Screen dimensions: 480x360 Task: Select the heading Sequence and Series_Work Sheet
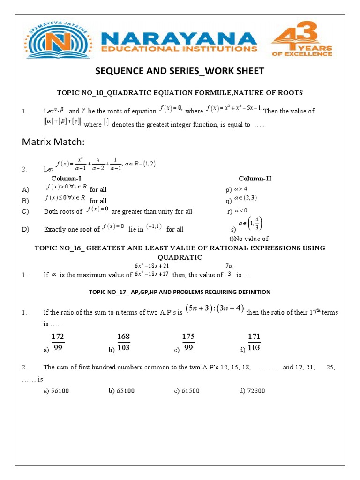pyautogui.click(x=180, y=71)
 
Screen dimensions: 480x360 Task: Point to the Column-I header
pyautogui.click(x=67, y=179)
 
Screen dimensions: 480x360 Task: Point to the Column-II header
pyautogui.click(x=255, y=179)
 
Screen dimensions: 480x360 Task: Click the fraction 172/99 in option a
pyautogui.click(x=58, y=342)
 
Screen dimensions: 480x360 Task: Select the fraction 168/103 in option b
pyautogui.click(x=124, y=342)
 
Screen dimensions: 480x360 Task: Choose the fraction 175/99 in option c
pyautogui.click(x=188, y=342)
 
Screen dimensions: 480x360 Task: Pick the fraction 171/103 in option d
pyautogui.click(x=254, y=342)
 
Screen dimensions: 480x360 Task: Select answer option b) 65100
pyautogui.click(x=121, y=391)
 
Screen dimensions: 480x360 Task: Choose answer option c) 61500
pyautogui.click(x=187, y=391)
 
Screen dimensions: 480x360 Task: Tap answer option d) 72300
pyautogui.click(x=252, y=391)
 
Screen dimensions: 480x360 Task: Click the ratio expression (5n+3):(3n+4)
pyautogui.click(x=214, y=309)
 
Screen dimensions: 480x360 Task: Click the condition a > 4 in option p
pyautogui.click(x=241, y=189)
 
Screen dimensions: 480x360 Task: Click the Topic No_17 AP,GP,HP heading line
pyautogui.click(x=180, y=292)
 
